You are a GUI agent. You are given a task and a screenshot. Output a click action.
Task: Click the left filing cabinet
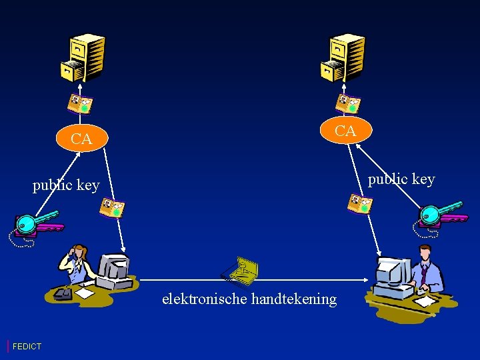pos(83,57)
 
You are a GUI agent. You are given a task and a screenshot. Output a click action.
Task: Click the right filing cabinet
pos(342,57)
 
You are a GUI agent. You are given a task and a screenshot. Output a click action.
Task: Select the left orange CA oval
pos(81,139)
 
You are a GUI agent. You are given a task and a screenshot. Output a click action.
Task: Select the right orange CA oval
pos(345,131)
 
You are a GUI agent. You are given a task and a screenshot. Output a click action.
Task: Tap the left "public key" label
pos(66,185)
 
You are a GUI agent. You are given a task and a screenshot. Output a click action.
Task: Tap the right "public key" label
pos(401,179)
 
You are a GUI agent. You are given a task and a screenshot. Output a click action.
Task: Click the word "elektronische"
pos(205,299)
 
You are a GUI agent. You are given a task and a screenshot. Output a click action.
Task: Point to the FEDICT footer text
pos(27,346)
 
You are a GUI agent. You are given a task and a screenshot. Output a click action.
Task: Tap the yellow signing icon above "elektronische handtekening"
pos(241,270)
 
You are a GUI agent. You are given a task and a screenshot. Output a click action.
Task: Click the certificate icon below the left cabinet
pos(80,103)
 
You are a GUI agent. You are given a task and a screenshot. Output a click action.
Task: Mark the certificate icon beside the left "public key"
pos(112,209)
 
